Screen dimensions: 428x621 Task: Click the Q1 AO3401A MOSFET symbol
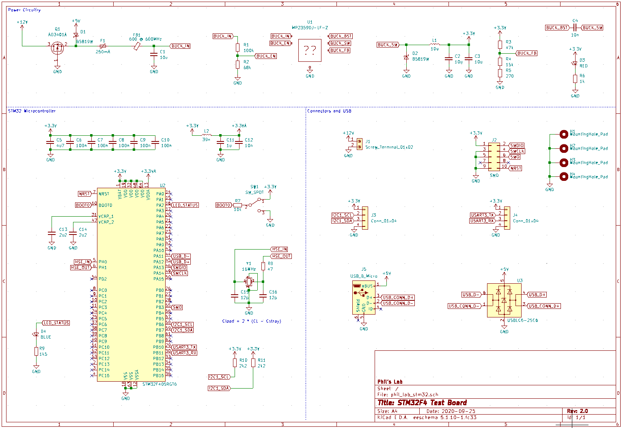coord(57,48)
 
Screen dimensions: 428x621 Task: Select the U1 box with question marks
coord(310,50)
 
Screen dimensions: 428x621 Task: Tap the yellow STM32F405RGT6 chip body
coord(131,285)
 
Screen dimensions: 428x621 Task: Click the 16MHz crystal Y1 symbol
coord(249,281)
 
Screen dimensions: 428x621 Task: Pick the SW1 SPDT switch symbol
coord(255,204)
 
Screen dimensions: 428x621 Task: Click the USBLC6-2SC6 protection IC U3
coord(504,300)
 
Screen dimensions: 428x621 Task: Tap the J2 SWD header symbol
coord(494,156)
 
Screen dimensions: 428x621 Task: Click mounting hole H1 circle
coord(563,134)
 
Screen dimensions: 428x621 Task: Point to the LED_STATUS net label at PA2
coord(185,205)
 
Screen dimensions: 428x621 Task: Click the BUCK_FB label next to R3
coord(527,53)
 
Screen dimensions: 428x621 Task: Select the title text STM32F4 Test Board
coord(422,403)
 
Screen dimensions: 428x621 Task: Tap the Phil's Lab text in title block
coord(390,382)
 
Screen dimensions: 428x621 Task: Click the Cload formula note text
coord(251,321)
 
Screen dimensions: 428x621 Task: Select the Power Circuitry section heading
coord(24,10)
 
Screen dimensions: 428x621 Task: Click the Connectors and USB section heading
coord(329,111)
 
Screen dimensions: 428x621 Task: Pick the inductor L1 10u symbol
coord(434,44)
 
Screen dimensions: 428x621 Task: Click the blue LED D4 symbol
coord(36,335)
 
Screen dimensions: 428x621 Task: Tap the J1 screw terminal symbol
coord(359,145)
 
